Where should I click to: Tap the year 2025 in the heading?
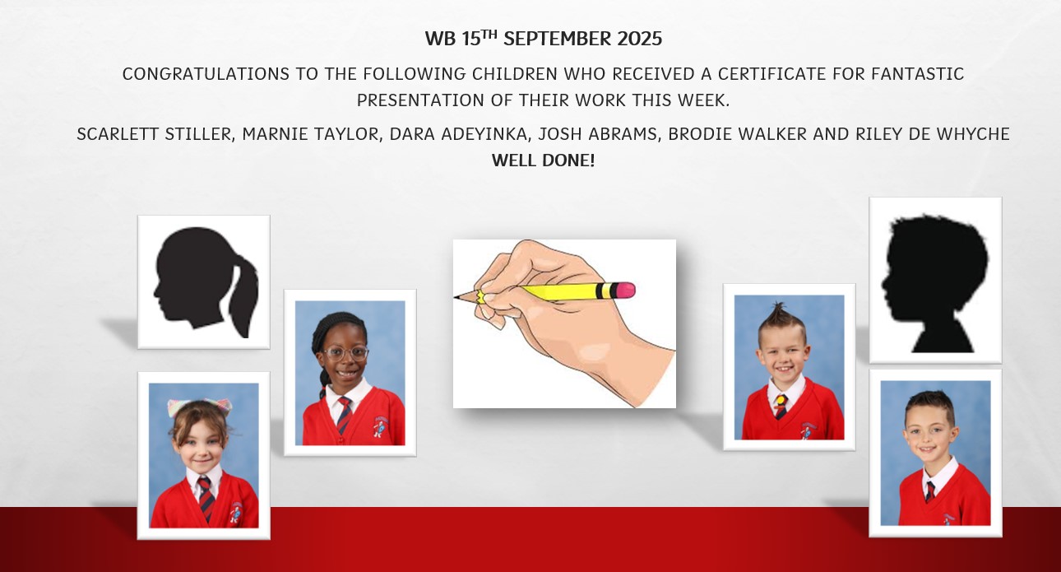click(x=639, y=39)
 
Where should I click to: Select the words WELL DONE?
click(x=543, y=160)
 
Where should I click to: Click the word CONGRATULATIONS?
click(x=206, y=74)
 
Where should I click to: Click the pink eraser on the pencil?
click(x=625, y=290)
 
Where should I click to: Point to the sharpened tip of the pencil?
click(x=455, y=297)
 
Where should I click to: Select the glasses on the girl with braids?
click(x=346, y=353)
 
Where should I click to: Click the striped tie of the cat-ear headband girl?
click(x=206, y=498)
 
